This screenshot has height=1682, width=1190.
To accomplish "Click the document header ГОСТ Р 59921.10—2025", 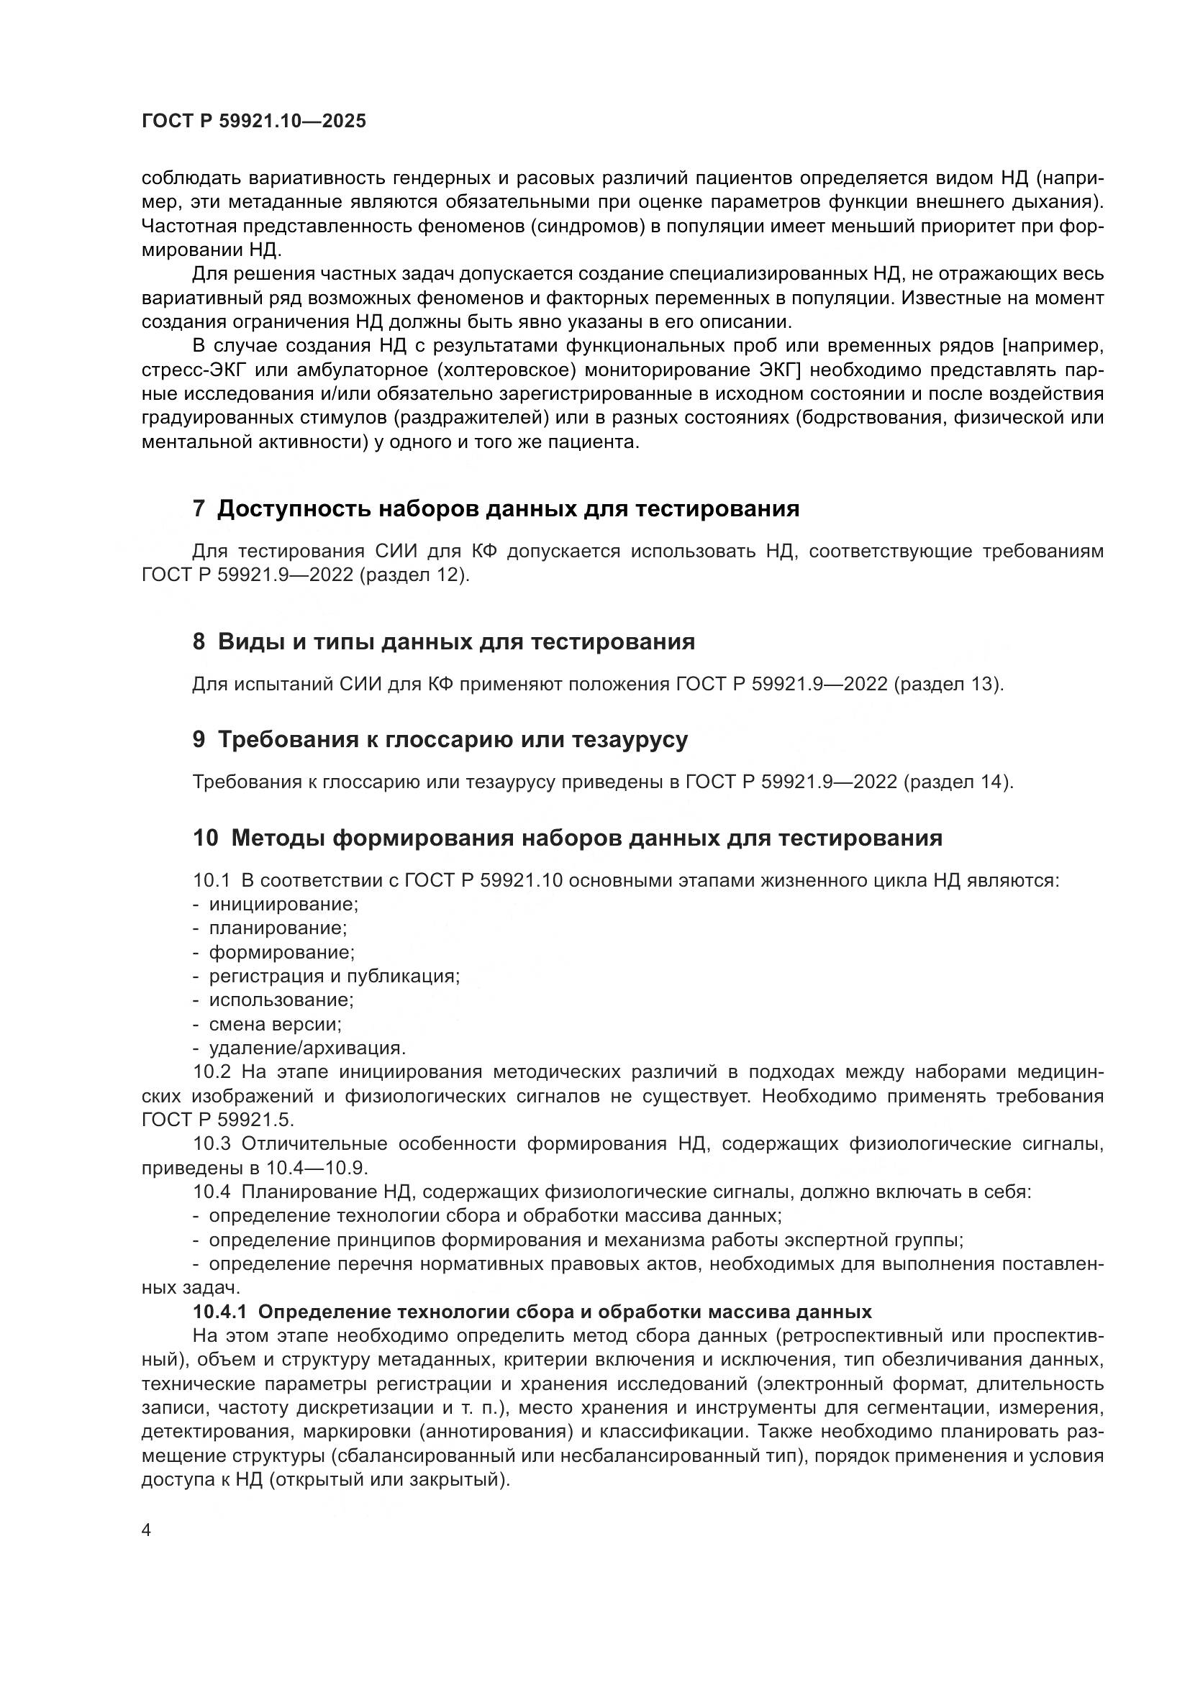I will coord(253,122).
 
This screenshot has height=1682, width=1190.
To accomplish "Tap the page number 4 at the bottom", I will coord(146,1530).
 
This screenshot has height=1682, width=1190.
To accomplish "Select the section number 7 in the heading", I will coord(199,508).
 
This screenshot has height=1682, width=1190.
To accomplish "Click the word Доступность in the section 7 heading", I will coord(293,508).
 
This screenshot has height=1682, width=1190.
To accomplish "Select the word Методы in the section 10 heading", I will coord(277,837).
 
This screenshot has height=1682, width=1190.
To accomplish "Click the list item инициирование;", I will coord(283,904).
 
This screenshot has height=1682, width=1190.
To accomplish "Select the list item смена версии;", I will coord(276,1023).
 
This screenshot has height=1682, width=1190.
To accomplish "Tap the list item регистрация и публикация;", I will coord(334,976).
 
